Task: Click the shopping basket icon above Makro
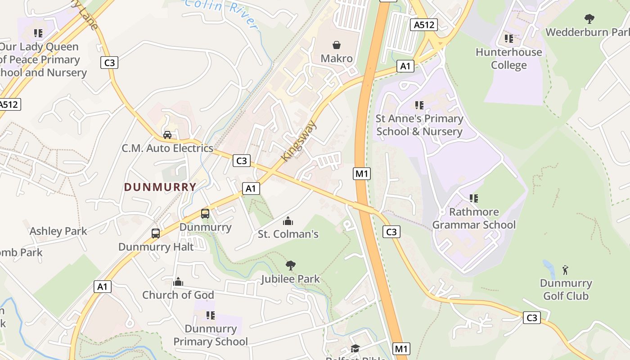click(x=336, y=45)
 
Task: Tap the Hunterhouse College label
click(x=508, y=58)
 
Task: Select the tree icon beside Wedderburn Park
click(x=589, y=18)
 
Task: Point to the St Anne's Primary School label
click(x=419, y=125)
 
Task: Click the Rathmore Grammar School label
click(x=474, y=218)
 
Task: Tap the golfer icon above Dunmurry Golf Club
click(x=565, y=270)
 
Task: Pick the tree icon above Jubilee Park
click(x=291, y=265)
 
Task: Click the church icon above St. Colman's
click(x=288, y=221)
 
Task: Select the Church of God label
click(x=178, y=295)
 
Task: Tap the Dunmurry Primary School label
click(x=211, y=335)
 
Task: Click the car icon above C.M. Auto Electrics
click(x=167, y=135)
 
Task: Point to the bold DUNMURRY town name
click(x=160, y=187)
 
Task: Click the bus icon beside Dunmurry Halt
click(x=156, y=234)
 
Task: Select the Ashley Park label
click(x=58, y=231)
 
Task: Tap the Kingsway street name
click(x=299, y=140)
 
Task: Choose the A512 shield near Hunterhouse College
click(x=424, y=25)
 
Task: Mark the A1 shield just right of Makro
click(x=405, y=67)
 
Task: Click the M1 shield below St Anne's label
click(x=362, y=173)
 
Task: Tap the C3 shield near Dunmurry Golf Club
click(x=532, y=318)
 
